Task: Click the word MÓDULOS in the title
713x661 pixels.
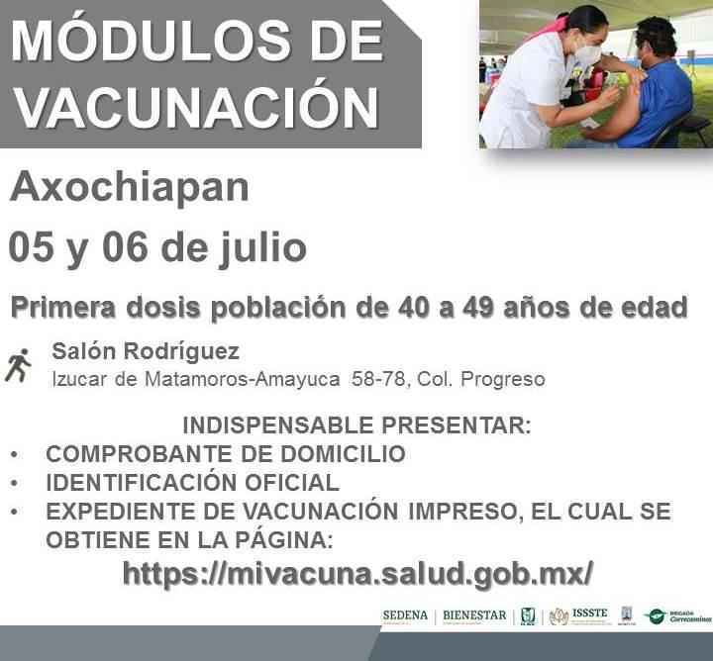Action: click(x=151, y=41)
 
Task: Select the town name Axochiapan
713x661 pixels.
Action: click(x=129, y=187)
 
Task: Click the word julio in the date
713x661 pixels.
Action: click(x=263, y=249)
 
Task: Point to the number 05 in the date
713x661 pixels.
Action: click(x=31, y=247)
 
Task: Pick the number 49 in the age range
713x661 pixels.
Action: click(x=478, y=308)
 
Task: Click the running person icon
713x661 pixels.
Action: click(x=18, y=365)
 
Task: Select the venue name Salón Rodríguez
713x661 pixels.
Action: click(x=146, y=351)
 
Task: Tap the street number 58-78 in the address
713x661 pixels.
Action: click(x=378, y=379)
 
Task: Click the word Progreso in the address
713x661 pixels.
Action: click(x=502, y=380)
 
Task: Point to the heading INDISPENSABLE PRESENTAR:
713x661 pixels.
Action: click(x=356, y=425)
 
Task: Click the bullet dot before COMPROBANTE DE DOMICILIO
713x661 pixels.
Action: click(x=14, y=454)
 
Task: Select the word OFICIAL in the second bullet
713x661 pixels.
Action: click(x=292, y=483)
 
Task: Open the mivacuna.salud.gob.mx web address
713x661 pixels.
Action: click(x=357, y=574)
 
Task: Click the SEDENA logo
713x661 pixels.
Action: click(x=405, y=616)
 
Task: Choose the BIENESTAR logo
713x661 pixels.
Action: click(x=474, y=616)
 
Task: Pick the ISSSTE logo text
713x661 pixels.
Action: click(x=589, y=614)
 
